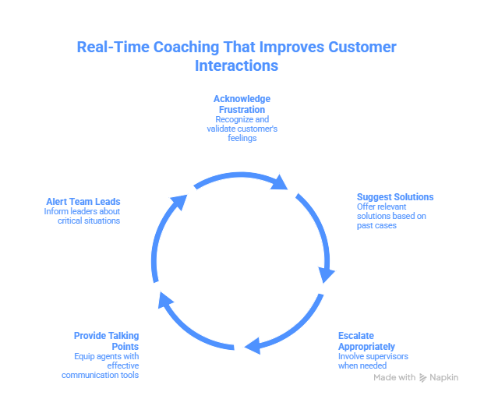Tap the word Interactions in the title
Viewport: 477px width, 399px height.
tap(236, 66)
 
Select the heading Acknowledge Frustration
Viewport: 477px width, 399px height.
tap(242, 104)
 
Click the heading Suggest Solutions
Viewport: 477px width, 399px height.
tap(395, 196)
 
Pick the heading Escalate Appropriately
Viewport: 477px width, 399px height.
tap(366, 341)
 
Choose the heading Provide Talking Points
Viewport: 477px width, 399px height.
tap(107, 341)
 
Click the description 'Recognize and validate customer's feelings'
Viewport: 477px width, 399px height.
tap(242, 129)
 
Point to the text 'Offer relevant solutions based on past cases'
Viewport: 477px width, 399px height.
tap(391, 216)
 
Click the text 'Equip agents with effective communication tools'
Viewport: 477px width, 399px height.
tap(101, 365)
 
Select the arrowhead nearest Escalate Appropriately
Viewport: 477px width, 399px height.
tap(252, 345)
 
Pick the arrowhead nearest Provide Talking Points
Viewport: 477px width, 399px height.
tap(162, 298)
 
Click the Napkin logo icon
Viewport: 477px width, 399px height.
tap(423, 377)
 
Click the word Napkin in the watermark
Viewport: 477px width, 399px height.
tap(444, 377)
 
